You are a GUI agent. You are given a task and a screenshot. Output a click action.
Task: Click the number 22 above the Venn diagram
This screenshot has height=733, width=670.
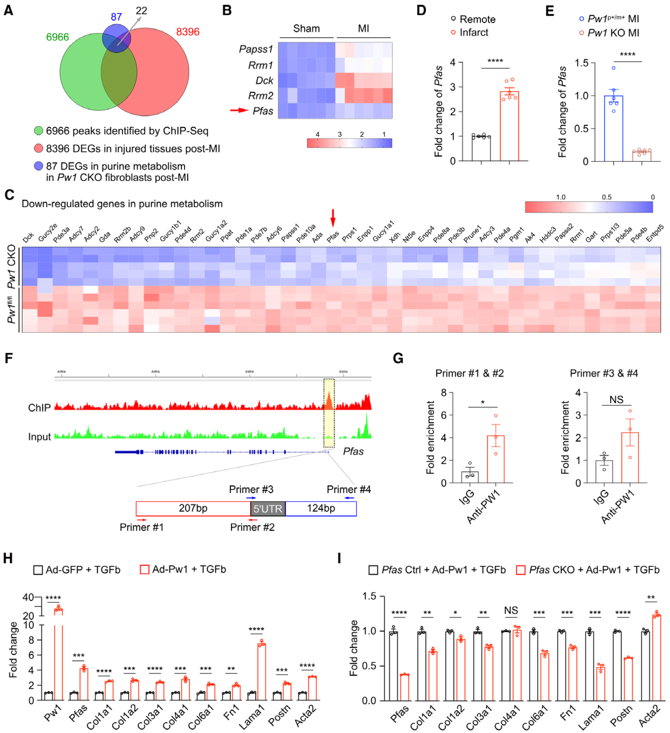coord(142,11)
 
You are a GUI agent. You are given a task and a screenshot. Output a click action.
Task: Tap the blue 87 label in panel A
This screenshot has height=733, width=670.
coord(116,17)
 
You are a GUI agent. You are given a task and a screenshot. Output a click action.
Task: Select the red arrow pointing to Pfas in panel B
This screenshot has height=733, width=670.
coord(239,110)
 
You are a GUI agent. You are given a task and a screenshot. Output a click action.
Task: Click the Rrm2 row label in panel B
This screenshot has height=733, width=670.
coord(260,96)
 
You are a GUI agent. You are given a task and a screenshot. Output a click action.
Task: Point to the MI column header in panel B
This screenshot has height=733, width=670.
coord(363,29)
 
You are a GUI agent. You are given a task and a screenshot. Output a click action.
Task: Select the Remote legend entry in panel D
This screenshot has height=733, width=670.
coord(473,19)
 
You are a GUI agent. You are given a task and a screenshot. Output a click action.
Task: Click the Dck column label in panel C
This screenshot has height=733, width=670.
coord(29,237)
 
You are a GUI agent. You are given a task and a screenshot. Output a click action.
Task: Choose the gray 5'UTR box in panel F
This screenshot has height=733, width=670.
coord(268,508)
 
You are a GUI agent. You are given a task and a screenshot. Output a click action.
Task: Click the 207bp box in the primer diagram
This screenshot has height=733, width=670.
coord(193,508)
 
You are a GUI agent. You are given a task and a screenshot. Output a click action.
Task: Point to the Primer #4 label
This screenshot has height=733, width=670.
coord(348,489)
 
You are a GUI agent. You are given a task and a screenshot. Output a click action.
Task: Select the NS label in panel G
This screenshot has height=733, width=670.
coord(616,400)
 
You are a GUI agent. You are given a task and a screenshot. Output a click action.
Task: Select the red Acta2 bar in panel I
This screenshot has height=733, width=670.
coord(656,658)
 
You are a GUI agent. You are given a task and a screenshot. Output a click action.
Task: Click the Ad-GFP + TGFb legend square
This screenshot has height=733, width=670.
coord(38,570)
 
